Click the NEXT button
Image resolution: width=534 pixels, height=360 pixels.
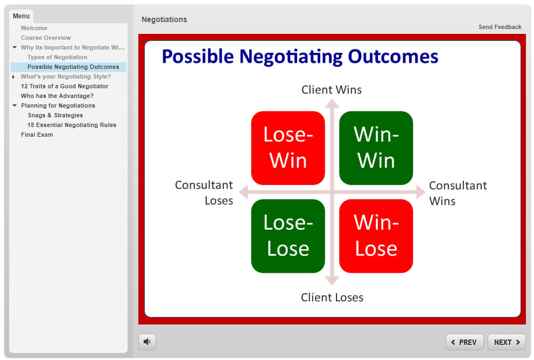(507, 342)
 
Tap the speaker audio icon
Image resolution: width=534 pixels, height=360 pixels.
(147, 342)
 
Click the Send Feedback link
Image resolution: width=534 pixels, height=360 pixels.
(500, 27)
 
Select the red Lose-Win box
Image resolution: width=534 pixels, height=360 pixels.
(288, 148)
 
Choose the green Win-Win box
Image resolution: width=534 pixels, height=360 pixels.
(376, 148)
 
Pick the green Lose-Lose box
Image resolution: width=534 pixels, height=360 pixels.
(288, 236)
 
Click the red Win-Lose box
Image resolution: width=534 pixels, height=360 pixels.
(376, 236)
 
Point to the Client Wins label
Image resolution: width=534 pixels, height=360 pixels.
(332, 89)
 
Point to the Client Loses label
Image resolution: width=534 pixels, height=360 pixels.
(332, 298)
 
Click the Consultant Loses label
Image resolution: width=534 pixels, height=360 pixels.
(204, 193)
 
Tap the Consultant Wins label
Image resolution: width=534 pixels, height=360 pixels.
(458, 193)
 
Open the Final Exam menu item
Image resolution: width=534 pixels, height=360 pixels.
(37, 135)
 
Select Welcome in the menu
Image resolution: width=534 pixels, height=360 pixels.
(34, 28)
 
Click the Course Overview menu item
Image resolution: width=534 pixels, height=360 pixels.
(46, 38)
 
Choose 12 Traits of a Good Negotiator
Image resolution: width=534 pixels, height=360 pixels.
(65, 86)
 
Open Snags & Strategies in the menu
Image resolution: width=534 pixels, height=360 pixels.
(55, 115)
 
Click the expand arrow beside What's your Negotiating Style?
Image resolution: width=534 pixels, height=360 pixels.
(13, 76)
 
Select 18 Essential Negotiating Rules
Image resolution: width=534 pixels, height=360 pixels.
(72, 125)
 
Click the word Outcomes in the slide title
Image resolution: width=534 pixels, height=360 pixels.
(393, 56)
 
